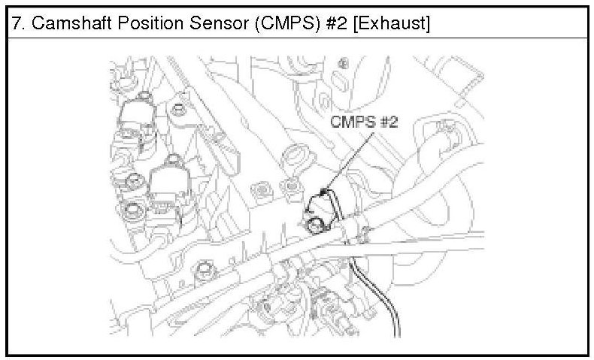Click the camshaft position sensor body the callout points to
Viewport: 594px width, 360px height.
(x=320, y=203)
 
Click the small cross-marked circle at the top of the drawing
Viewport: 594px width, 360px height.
(x=344, y=61)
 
